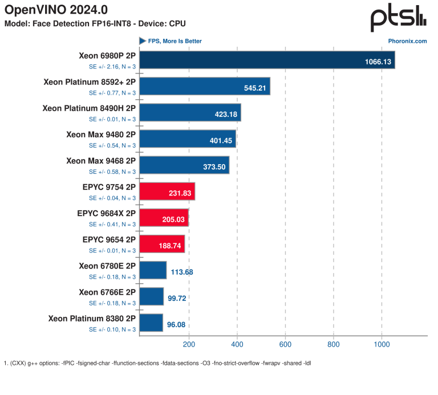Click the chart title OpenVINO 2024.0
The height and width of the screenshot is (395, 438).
pos(56,10)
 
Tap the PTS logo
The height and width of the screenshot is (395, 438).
pos(398,18)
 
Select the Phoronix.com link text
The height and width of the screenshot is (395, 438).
pos(407,41)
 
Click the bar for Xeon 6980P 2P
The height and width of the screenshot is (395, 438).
pos(267,60)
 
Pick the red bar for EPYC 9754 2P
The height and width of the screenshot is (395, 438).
pos(167,191)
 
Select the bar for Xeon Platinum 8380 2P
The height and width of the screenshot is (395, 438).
pos(151,323)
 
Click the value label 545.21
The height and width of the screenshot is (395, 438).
pos(255,88)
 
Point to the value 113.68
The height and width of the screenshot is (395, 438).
pos(182,272)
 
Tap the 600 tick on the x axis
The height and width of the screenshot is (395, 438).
pos(285,344)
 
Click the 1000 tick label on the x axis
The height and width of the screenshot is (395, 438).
pos(382,344)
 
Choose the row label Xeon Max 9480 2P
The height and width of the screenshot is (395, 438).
pos(101,135)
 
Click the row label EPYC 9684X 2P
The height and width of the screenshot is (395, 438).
pos(107,213)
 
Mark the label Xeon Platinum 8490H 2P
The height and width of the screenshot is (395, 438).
pos(89,108)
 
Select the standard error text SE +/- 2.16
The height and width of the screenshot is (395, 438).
pos(104,67)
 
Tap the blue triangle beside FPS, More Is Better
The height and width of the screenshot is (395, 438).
pos(143,41)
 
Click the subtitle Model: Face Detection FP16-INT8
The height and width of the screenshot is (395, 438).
pos(68,24)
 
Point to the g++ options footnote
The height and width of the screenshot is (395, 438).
pos(157,363)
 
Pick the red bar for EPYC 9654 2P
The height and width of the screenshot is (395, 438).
pos(162,244)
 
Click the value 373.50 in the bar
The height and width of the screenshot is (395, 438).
pos(214,167)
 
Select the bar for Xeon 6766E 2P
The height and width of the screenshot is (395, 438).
pos(151,296)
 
